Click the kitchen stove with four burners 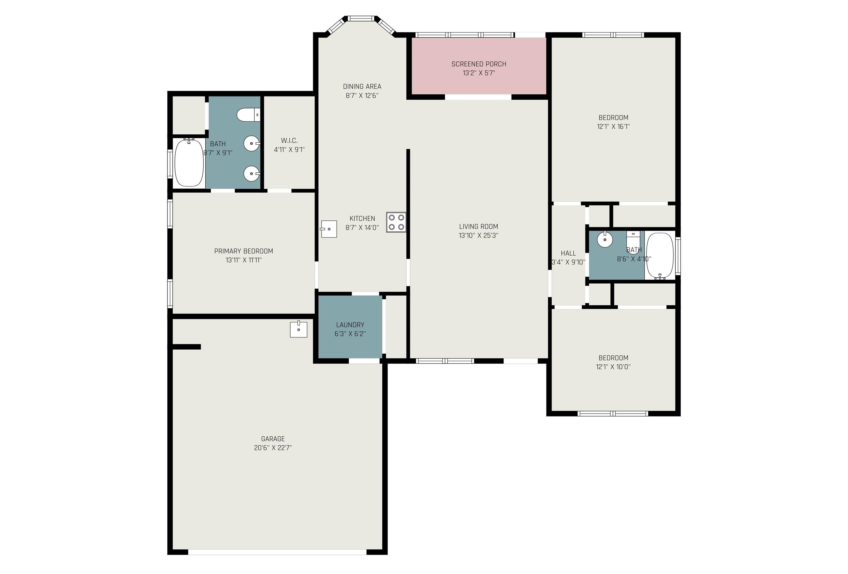tap(396, 222)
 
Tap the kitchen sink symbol tap(328, 229)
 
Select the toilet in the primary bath tap(248, 115)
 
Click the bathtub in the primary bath tap(189, 163)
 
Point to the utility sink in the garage tap(298, 329)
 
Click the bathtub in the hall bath tap(660, 256)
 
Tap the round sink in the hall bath tap(605, 239)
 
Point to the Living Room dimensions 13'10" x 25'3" tap(478, 236)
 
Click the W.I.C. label tap(289, 140)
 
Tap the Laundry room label tap(350, 325)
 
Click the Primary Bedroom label tap(244, 251)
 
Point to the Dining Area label tap(362, 86)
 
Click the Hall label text tap(568, 253)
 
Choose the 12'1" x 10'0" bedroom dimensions tap(613, 367)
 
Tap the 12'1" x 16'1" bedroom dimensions tap(613, 127)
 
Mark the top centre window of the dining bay tap(361, 18)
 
